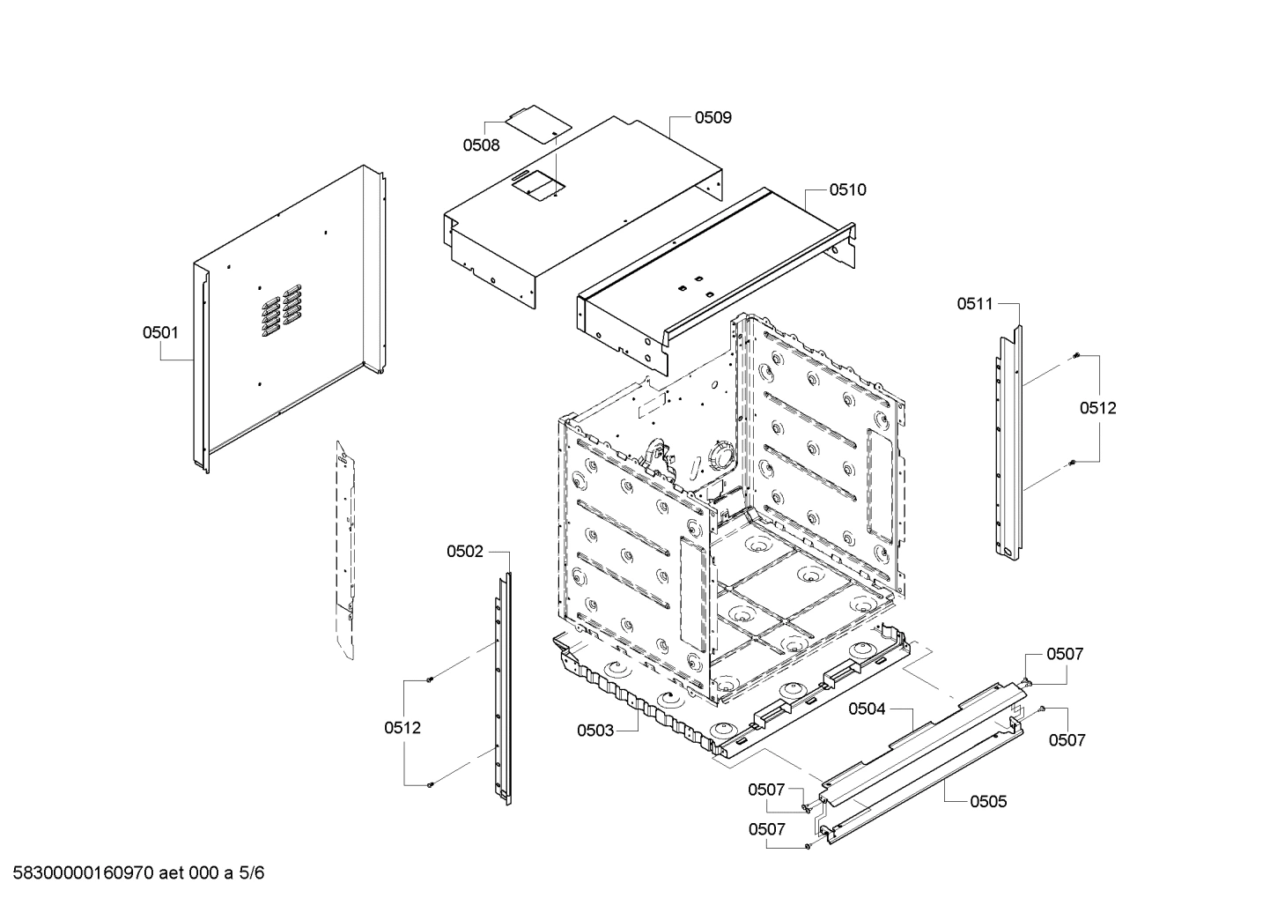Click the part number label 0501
tap(160, 332)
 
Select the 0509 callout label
tap(713, 117)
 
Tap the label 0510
tap(847, 189)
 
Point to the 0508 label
tap(482, 145)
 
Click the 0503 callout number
tap(595, 730)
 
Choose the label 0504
tap(867, 709)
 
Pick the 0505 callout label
tap(988, 801)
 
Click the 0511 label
tap(975, 304)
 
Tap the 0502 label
tap(465, 552)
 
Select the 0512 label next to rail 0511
tap(1098, 408)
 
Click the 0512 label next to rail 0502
tap(402, 728)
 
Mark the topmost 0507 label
tap(1065, 654)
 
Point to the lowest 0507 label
tap(766, 829)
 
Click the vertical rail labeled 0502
tap(502, 687)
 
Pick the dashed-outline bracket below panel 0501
tap(346, 546)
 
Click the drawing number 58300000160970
tap(84, 873)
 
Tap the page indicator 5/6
tap(251, 873)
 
